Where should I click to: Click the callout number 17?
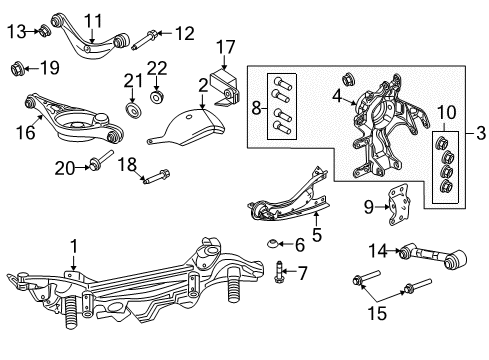coord(226,47)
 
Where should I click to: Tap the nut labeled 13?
coord(45,31)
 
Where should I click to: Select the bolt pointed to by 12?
coord(144,40)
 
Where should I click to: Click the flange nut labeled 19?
coord(16,68)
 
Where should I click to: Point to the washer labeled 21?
coord(134,110)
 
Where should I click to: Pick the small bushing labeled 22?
coord(156,96)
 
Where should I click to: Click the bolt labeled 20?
coord(101,160)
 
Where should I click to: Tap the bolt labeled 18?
coord(156,177)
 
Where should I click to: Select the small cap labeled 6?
coord(273,244)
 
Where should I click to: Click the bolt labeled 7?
coord(279,272)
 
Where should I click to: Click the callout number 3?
coord(480,133)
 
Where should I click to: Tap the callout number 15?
coord(377,314)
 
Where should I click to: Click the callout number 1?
coord(74,247)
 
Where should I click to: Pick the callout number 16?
coord(25,132)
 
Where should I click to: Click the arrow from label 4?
coord(349,101)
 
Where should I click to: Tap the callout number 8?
coord(256,108)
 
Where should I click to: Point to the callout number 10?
coord(446,113)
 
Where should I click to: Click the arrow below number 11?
coord(92,36)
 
